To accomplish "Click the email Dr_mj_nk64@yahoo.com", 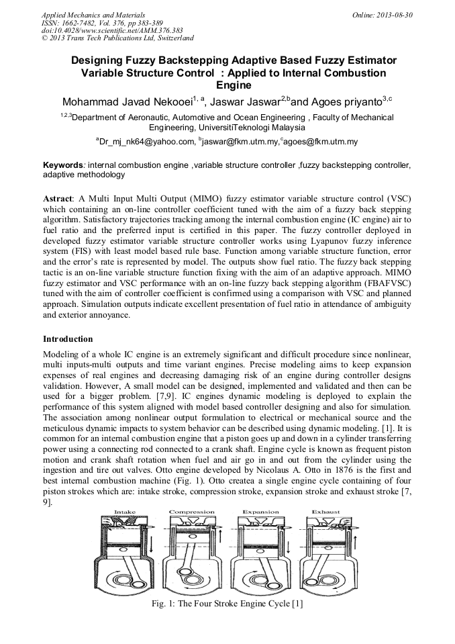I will [146, 142].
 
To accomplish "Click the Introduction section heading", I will [68, 339].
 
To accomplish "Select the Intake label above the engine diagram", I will [124, 512].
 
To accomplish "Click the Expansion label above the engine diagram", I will [260, 512].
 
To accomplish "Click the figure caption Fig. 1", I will [228, 604].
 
